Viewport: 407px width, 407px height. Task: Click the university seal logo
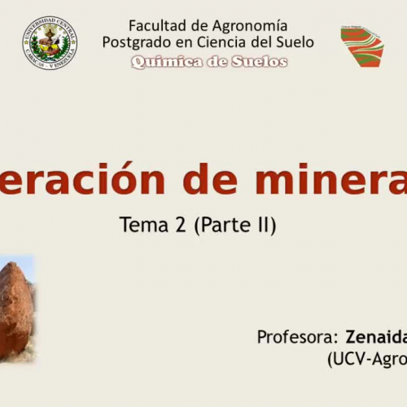[50, 42]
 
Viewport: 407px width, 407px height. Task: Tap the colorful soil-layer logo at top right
[361, 46]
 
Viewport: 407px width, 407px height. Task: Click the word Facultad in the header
[155, 25]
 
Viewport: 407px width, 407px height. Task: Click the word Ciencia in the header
[218, 42]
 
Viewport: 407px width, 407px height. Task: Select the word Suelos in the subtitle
[259, 61]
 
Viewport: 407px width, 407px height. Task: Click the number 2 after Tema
[181, 225]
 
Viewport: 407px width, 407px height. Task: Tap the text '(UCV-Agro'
[367, 357]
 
